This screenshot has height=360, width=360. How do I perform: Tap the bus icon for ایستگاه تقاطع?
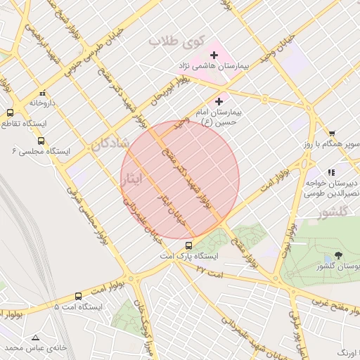11,112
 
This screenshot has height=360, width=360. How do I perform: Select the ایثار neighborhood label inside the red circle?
131,179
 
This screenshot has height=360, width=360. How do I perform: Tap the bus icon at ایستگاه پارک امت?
188,245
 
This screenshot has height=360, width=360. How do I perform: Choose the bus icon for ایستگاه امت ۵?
77,296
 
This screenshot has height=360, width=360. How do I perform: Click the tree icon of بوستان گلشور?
339,255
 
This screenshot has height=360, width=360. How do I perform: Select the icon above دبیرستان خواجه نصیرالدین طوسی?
330,172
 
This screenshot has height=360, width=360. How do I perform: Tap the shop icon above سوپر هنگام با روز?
332,133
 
